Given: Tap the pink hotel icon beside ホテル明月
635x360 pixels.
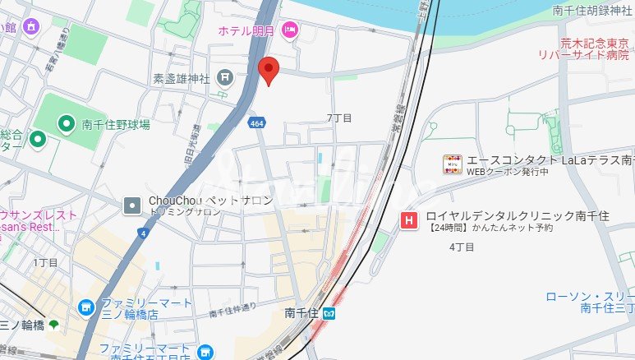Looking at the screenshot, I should click(289, 30).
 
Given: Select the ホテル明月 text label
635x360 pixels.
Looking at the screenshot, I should click(247, 30).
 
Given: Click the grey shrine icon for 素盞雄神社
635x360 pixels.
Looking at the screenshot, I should click(224, 79).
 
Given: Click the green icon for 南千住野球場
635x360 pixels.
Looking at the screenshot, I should click(67, 124).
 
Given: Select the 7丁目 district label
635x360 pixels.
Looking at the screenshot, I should click(338, 118).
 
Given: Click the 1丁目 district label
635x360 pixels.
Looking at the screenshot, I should click(45, 262).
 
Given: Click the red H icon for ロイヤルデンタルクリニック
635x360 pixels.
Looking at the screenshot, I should click(407, 219).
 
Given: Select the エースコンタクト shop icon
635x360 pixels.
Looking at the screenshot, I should click(453, 164).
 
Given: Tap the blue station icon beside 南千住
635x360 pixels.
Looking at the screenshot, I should click(329, 312).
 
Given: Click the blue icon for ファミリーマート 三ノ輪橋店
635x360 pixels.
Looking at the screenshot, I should click(85, 307).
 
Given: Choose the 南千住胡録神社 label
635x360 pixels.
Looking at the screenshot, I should click(591, 11).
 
